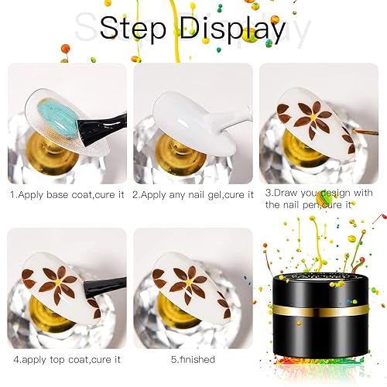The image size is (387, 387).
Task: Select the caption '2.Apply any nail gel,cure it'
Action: click(x=193, y=193)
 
